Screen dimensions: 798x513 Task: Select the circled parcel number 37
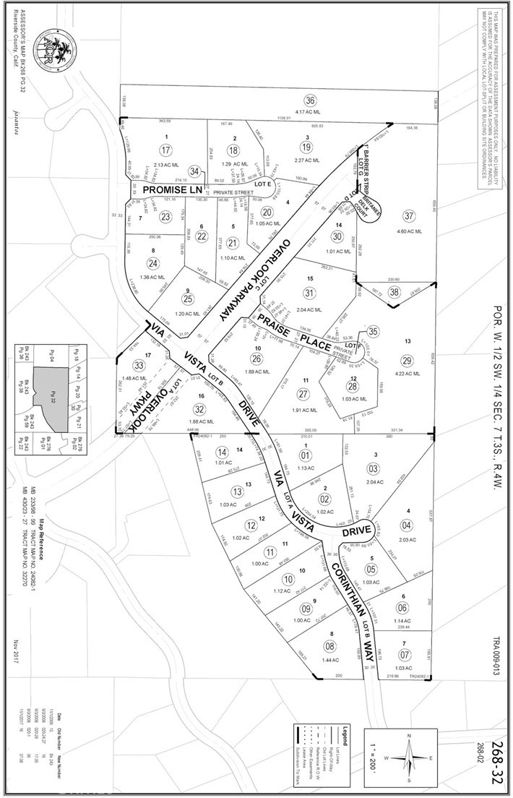point(410,216)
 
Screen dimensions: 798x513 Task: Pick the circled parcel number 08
point(329,646)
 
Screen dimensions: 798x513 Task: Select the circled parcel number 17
point(166,150)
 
